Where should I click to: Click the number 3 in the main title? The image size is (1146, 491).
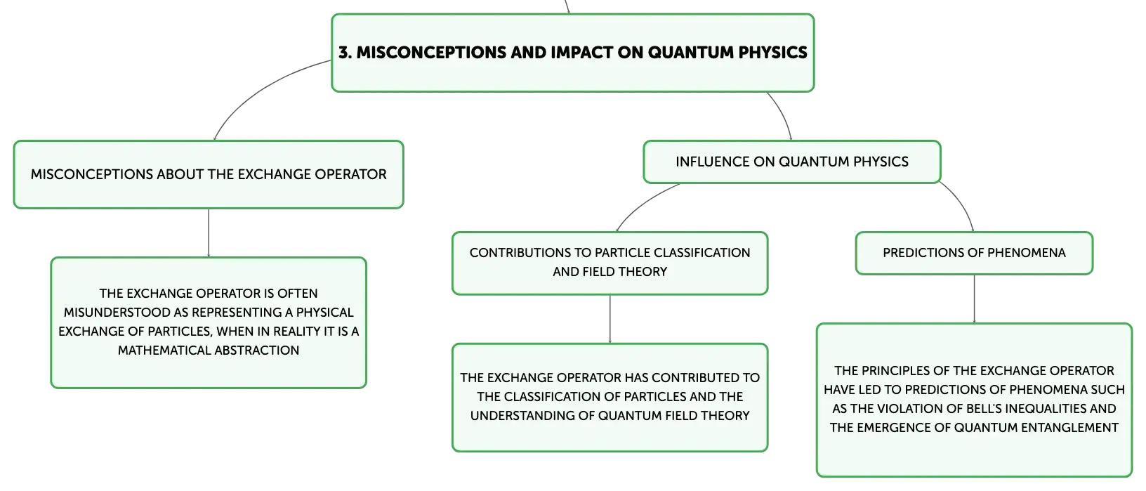coord(344,52)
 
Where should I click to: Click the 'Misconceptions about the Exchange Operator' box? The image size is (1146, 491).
coord(209,175)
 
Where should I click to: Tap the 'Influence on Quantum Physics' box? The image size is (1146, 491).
coord(792,162)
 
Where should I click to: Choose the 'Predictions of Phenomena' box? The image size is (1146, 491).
coord(974,253)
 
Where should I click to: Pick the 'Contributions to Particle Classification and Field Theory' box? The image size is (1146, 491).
coord(610,263)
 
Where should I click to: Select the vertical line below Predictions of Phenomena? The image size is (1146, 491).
coord(974,299)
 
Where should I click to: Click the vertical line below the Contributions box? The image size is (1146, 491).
coord(610,319)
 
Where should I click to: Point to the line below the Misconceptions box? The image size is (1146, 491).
coord(209,233)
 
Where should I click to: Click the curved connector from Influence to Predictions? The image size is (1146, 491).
coord(962,203)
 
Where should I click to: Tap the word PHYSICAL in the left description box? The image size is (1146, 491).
coord(325,313)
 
